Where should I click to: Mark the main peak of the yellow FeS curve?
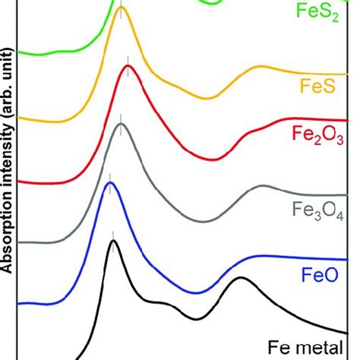[x=122, y=17]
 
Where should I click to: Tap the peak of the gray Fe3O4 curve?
[x=120, y=125]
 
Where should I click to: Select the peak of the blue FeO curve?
[x=110, y=183]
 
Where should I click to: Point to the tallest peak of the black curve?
[x=113, y=241]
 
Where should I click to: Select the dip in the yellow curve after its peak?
[x=208, y=98]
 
